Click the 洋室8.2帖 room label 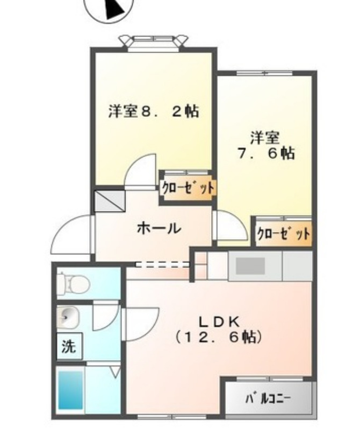(154, 111)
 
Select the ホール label (159, 228)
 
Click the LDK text (219, 322)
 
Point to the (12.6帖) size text (219, 338)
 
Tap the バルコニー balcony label (268, 399)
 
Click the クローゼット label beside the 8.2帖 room (188, 188)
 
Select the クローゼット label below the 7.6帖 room (283, 234)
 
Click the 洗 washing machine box (68, 347)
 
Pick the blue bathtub (71, 389)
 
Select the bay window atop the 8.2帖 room (154, 41)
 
